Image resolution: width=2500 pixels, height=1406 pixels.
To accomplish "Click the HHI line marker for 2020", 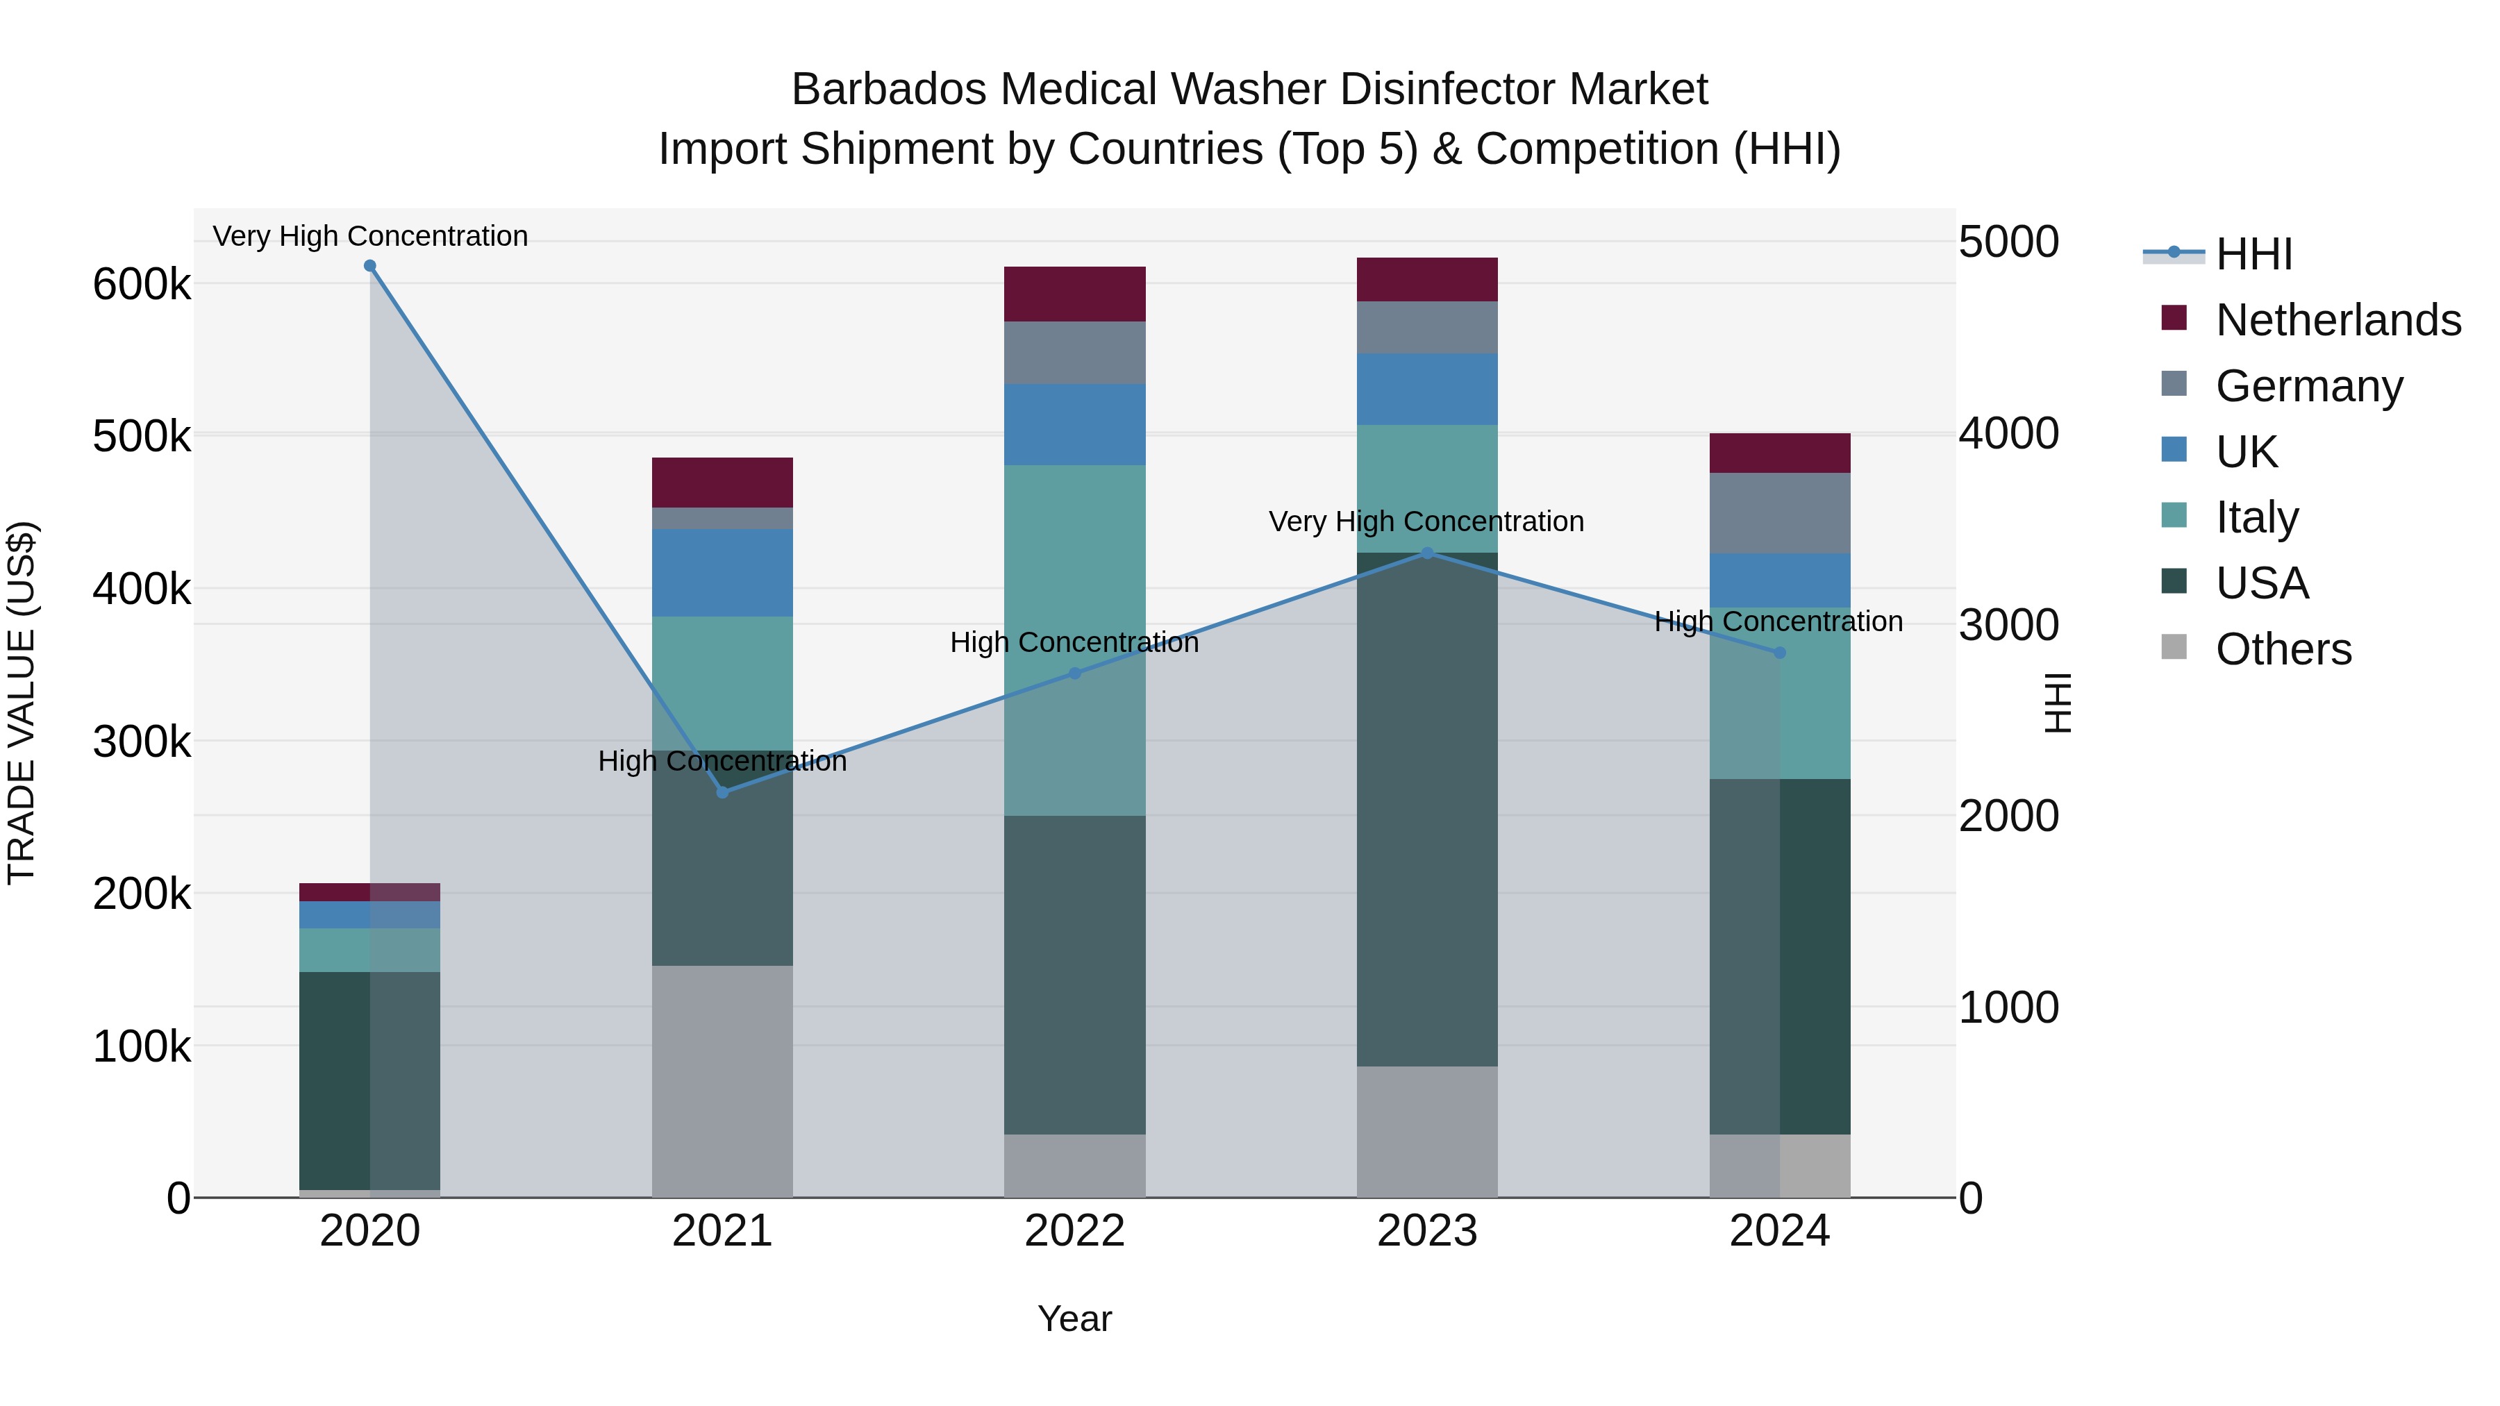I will tap(369, 266).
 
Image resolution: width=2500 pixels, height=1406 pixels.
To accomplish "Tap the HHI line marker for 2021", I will tap(722, 793).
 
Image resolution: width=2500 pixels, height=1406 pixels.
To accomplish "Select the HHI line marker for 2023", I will tap(1426, 553).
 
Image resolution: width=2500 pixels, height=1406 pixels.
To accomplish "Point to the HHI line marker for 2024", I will tap(1779, 653).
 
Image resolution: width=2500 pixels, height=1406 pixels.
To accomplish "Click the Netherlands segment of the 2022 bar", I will tap(1074, 294).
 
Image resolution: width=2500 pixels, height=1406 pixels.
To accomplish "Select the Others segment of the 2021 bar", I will tap(722, 1081).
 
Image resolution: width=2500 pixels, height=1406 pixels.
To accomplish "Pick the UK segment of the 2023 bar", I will tap(1426, 389).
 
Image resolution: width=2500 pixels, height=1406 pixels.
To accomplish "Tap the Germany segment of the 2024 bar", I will tap(1779, 513).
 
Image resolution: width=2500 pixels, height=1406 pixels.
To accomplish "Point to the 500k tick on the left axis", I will tap(142, 437).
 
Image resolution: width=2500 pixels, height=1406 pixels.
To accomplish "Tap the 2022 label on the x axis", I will tap(1074, 1231).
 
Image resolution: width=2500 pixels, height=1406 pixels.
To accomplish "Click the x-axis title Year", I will tap(1074, 1319).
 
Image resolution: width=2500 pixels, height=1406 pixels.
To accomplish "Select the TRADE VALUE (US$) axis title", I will tap(22, 703).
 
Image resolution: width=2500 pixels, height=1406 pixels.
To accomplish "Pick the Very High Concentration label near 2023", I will tap(1426, 522).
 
